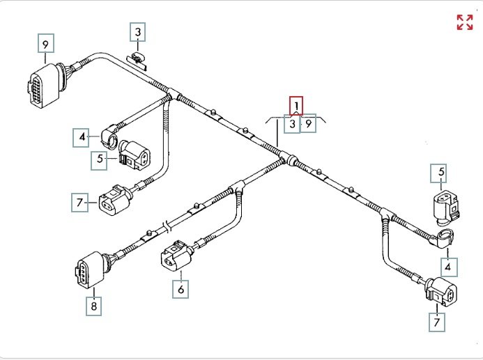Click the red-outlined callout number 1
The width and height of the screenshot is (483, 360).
click(297, 106)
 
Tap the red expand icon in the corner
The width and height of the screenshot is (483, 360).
click(464, 22)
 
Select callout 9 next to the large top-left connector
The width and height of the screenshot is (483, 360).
click(46, 45)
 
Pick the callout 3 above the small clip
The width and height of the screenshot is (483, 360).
click(138, 32)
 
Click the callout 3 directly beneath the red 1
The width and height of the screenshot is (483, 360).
click(292, 124)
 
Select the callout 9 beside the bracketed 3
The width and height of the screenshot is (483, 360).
click(308, 124)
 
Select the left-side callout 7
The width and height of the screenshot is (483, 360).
click(80, 203)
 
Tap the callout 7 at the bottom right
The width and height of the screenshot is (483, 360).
click(438, 322)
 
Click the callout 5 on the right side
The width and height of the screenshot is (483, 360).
click(442, 171)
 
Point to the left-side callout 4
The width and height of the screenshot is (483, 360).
click(82, 138)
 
